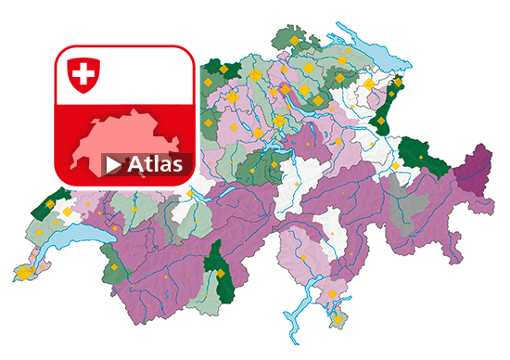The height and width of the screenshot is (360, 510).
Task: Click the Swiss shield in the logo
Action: pyautogui.click(x=83, y=74)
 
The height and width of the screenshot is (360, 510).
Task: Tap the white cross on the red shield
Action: pyautogui.click(x=83, y=73)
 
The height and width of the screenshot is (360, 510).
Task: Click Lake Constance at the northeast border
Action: pyautogui.click(x=371, y=56)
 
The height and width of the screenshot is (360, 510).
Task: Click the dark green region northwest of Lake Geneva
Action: pyautogui.click(x=54, y=205)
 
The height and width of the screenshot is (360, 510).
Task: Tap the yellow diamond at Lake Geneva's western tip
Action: pyautogui.click(x=22, y=274)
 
